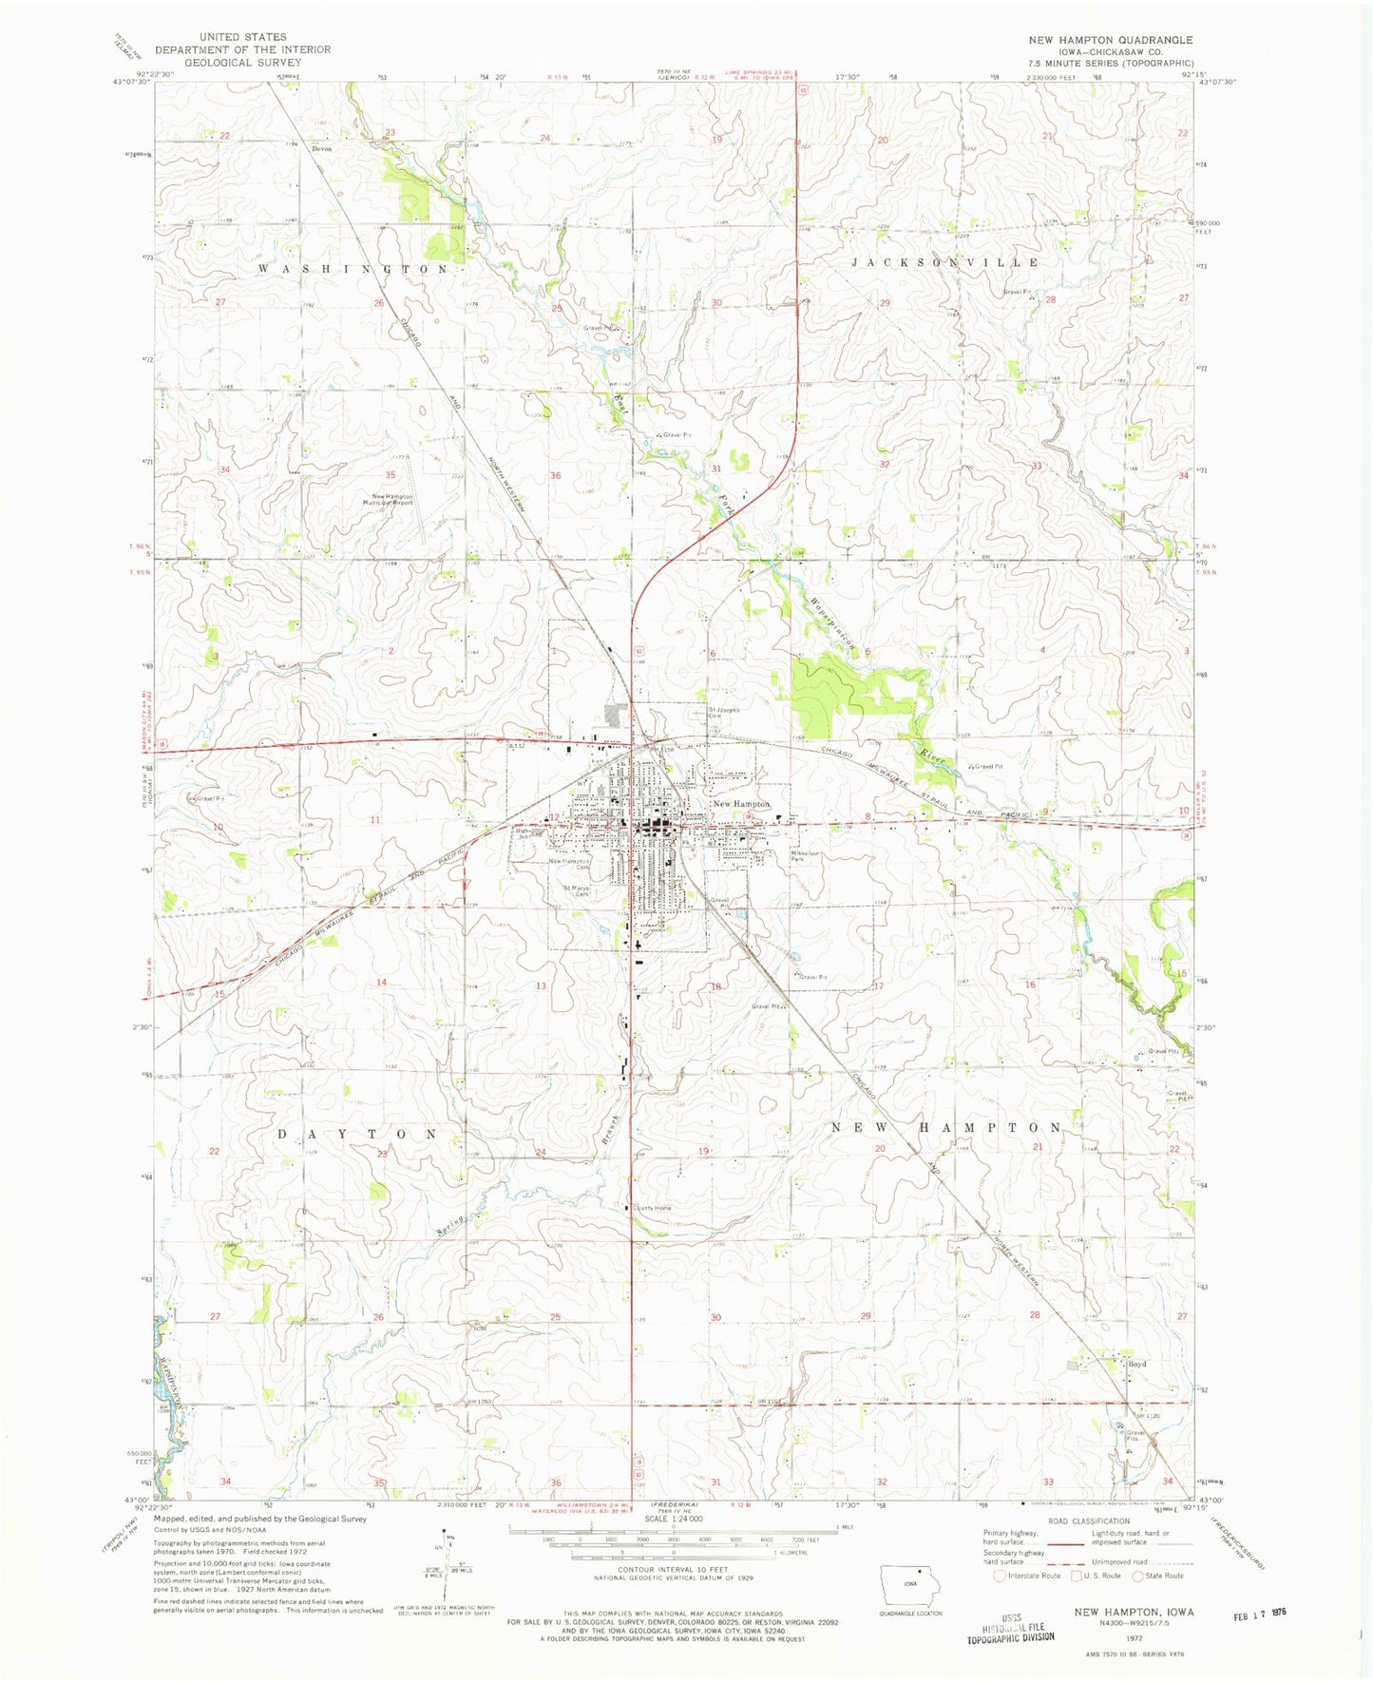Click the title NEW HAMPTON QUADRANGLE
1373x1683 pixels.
[1111, 40]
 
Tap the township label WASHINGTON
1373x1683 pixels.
[354, 270]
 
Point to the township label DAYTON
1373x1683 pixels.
[357, 1135]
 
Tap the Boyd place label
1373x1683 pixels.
[1136, 1364]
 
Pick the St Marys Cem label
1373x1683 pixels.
[576, 891]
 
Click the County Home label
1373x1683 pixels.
[654, 1208]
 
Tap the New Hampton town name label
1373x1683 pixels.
[741, 804]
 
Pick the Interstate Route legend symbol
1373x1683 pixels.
[1000, 1576]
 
